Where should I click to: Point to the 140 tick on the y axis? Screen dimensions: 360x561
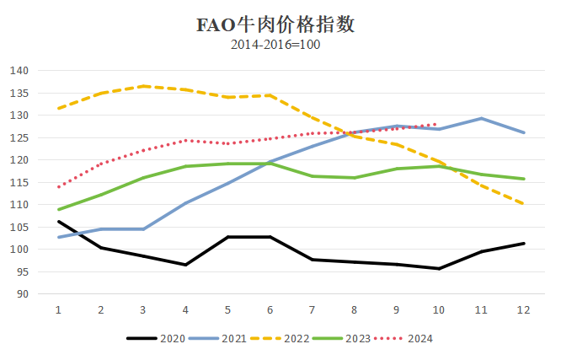(x=19, y=70)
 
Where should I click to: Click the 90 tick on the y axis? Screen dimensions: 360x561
(x=22, y=294)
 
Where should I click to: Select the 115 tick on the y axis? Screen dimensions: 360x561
(x=19, y=182)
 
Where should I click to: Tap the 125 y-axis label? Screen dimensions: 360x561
(x=19, y=137)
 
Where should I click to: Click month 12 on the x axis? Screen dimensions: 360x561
(x=523, y=310)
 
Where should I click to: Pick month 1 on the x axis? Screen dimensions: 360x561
(x=58, y=310)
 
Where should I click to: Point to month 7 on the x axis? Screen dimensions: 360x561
(x=312, y=310)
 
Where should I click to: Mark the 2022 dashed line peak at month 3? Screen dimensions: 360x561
(x=143, y=86)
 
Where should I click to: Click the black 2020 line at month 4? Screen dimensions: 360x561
(x=185, y=265)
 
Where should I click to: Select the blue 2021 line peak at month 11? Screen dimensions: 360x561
(x=481, y=118)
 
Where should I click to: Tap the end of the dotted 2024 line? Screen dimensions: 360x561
(x=438, y=124)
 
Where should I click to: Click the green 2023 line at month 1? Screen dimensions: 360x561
(x=58, y=209)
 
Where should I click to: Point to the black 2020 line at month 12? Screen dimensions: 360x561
(x=523, y=244)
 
